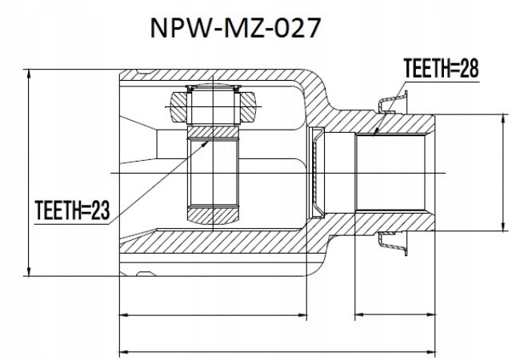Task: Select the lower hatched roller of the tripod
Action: click(213, 215)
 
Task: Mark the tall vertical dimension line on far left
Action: click(30, 172)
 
